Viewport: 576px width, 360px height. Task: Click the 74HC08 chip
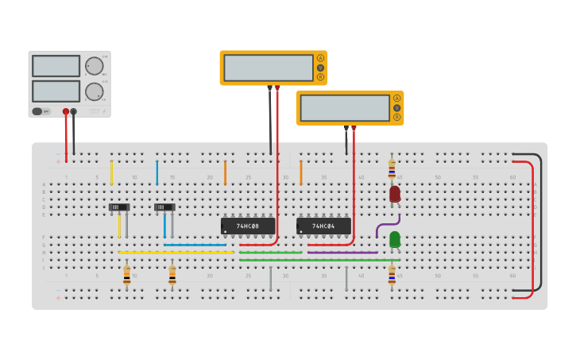(248, 226)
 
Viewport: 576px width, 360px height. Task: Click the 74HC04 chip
(323, 226)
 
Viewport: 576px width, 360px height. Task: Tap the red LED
(395, 194)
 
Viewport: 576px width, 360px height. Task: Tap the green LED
(395, 238)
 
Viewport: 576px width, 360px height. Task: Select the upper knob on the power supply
(94, 66)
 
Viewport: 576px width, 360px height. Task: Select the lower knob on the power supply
(94, 91)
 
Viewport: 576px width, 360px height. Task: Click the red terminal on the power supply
(66, 112)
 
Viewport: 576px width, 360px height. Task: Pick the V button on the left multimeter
(320, 68)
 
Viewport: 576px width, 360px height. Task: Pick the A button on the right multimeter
(396, 98)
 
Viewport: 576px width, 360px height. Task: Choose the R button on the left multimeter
(320, 77)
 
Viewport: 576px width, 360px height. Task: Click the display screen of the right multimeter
(345, 108)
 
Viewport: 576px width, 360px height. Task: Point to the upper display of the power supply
(56, 66)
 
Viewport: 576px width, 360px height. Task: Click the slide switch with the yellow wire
(119, 207)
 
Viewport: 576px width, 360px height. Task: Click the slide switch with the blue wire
(164, 207)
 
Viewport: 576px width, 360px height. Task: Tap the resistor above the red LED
(392, 168)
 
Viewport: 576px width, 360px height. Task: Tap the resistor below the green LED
(392, 275)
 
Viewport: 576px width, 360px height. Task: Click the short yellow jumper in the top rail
(111, 172)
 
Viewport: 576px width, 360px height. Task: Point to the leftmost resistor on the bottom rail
(126, 275)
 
